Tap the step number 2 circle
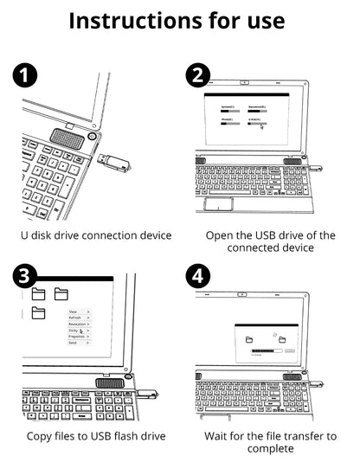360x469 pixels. (x=198, y=75)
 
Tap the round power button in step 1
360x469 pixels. (x=92, y=136)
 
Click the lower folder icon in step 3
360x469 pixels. (x=39, y=313)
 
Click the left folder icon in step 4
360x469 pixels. (x=248, y=338)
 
